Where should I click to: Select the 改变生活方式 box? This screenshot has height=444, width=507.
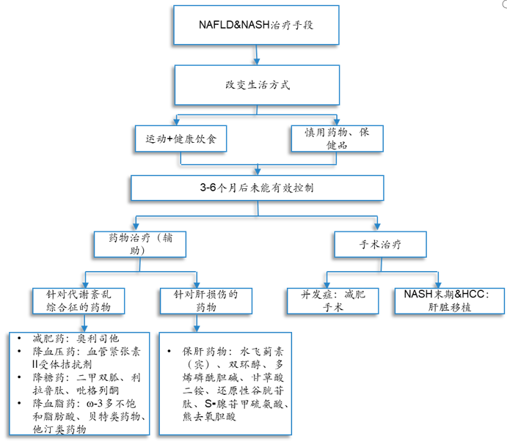point(257,84)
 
